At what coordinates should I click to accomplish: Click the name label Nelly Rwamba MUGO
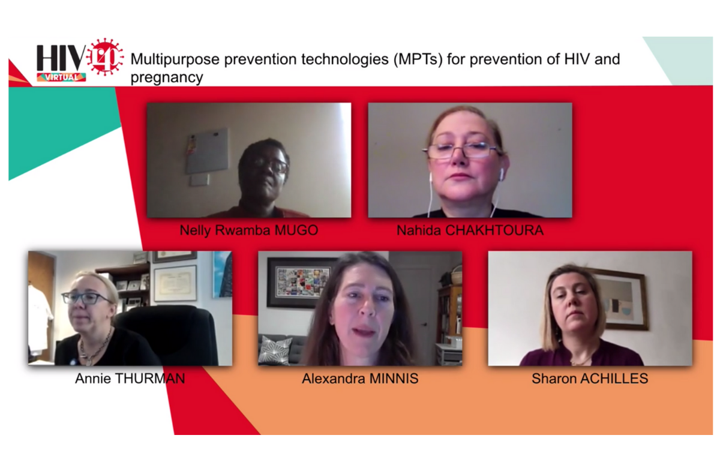coord(249,230)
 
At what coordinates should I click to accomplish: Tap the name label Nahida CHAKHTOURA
coord(470,230)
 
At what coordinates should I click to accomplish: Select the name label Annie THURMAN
coord(130,379)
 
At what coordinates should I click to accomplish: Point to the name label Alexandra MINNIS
coord(360,379)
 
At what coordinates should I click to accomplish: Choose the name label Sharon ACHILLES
coord(590,379)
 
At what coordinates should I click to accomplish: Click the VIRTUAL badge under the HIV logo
coord(61,77)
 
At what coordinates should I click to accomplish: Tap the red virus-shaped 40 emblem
coord(105,57)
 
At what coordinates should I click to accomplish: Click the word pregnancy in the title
coord(167,78)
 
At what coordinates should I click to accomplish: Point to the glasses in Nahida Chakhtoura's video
coord(461,151)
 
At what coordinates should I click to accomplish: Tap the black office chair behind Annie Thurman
coord(167,335)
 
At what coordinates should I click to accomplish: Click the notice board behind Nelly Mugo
coord(207,151)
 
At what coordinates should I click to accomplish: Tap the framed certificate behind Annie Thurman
coord(175,283)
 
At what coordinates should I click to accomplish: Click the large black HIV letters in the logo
coord(61,58)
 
